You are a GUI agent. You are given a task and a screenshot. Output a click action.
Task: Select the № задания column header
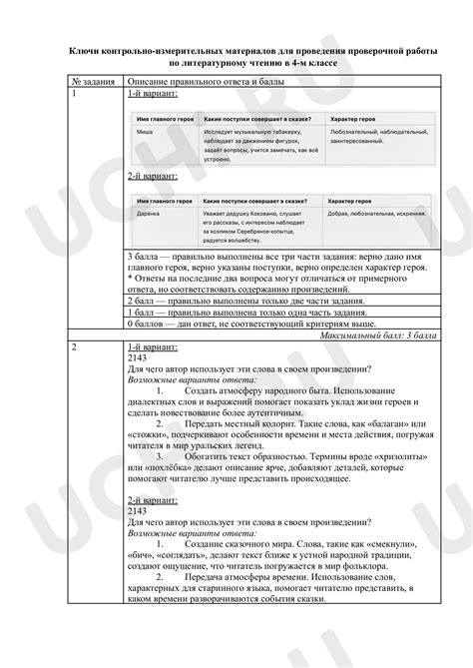point(94,79)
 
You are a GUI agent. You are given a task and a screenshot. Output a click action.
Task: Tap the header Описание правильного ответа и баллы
point(192,79)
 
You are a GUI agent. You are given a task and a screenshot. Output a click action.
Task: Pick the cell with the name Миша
point(145,131)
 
